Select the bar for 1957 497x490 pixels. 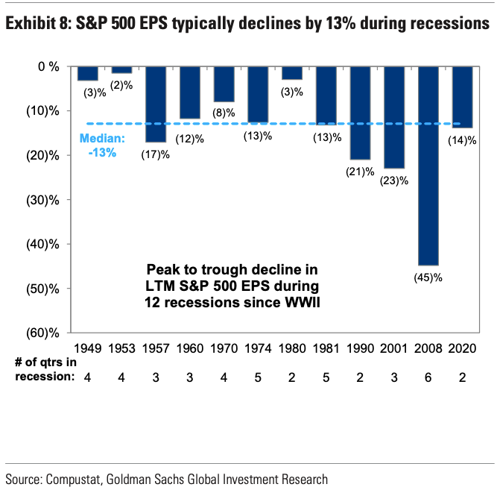[x=156, y=104]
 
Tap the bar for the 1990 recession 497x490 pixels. [x=361, y=113]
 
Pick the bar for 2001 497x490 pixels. [x=395, y=117]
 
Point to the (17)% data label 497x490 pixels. [x=155, y=154]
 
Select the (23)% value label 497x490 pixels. [x=395, y=180]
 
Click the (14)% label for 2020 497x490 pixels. [x=463, y=139]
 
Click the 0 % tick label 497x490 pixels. [x=48, y=66]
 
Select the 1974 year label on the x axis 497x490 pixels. [x=259, y=348]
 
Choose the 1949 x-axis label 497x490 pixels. [x=88, y=348]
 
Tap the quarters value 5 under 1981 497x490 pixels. [x=327, y=377]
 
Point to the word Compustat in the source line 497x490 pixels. [x=80, y=477]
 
